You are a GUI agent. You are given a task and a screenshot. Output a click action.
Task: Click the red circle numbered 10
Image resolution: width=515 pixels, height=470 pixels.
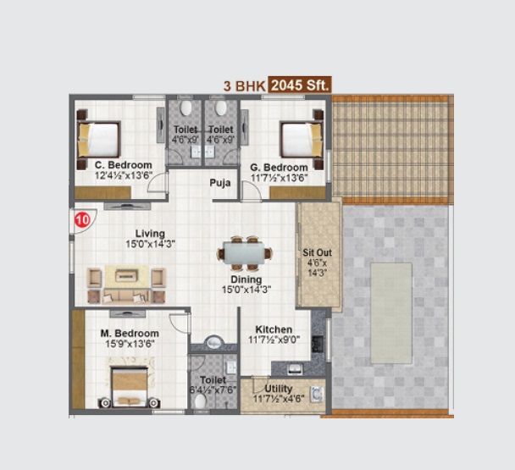(82, 219)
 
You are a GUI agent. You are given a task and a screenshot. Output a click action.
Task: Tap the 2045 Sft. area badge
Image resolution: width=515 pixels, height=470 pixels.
(300, 85)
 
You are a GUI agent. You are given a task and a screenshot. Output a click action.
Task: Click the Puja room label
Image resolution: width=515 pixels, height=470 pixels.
(220, 183)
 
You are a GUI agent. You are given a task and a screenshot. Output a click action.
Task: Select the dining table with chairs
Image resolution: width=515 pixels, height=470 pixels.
(245, 253)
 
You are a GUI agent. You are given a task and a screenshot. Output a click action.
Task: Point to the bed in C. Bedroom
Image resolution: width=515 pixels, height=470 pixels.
(99, 139)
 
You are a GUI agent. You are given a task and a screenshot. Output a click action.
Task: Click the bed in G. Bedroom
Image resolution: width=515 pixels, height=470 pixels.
(302, 139)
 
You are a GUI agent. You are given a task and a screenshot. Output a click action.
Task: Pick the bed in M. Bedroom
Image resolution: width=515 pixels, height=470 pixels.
(129, 387)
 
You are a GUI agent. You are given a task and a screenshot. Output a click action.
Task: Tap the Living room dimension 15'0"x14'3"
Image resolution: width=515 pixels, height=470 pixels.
(150, 245)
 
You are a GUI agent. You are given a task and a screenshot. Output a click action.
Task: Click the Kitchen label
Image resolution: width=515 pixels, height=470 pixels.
(274, 329)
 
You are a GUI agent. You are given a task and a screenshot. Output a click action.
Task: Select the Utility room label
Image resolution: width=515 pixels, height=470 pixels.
(279, 389)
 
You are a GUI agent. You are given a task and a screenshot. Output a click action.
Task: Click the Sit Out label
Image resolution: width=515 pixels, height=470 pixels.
(317, 252)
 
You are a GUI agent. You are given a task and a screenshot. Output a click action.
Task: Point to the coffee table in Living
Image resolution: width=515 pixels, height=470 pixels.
(126, 276)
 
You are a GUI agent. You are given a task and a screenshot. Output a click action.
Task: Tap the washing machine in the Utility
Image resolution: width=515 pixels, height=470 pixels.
(317, 394)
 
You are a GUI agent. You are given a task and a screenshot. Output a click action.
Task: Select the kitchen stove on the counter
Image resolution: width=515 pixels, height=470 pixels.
(318, 344)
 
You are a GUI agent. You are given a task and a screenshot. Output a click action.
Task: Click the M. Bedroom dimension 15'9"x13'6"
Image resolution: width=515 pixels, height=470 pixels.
(130, 344)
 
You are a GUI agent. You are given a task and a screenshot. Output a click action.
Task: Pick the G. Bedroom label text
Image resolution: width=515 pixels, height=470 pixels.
(279, 168)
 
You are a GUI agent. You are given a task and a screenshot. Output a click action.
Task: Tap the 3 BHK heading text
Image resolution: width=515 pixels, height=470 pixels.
(244, 86)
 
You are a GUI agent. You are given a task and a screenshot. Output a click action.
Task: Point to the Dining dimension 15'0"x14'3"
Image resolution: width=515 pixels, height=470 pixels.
(246, 290)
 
